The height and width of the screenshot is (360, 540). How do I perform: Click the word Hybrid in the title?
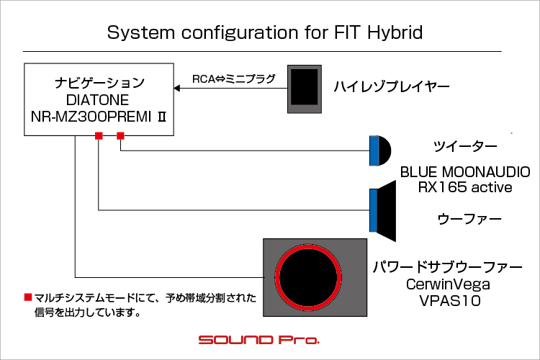(395, 33)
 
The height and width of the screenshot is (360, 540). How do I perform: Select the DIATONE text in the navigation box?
(97, 100)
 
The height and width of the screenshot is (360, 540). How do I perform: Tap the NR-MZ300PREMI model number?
(91, 117)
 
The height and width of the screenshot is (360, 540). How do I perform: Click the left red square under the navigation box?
(99, 136)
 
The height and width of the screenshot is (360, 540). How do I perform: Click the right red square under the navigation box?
(120, 136)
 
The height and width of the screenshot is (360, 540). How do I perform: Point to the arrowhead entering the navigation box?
(177, 88)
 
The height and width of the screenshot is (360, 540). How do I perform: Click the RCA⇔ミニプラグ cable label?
(234, 79)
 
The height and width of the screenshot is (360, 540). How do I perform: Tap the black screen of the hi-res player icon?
(305, 86)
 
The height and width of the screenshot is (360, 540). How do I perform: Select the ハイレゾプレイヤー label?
(392, 86)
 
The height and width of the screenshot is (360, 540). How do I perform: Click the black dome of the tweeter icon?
(385, 150)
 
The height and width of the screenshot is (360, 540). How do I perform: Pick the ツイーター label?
(465, 146)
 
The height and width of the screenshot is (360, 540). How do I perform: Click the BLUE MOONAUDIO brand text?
(465, 172)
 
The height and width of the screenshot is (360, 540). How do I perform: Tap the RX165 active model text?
(465, 187)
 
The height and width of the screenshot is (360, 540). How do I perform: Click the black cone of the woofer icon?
(387, 210)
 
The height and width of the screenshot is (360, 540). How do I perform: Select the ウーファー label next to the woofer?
(469, 219)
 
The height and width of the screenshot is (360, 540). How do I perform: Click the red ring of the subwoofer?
(308, 246)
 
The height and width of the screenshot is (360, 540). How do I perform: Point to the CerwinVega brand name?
(448, 284)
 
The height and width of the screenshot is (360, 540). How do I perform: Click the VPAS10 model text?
(450, 300)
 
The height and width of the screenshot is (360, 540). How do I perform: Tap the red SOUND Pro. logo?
(259, 340)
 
